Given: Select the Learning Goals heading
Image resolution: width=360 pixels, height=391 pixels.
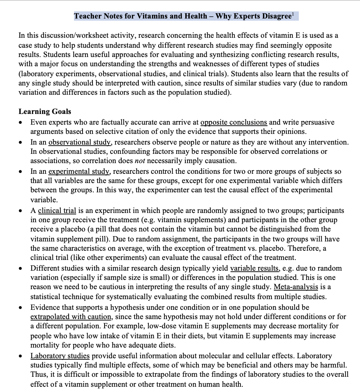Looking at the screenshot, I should click(x=45, y=111).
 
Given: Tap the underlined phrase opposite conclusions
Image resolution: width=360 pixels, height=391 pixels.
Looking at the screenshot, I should click(x=234, y=122).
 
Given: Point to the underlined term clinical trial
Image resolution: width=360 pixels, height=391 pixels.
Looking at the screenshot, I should click(x=57, y=210).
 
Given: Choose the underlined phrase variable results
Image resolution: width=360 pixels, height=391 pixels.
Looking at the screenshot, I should click(x=254, y=268).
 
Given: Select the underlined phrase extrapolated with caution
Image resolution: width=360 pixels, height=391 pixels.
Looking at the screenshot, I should click(x=71, y=317).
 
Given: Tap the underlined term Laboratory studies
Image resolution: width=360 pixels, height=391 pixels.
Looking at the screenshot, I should click(x=60, y=356).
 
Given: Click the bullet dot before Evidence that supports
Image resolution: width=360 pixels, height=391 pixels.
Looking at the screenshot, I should click(x=22, y=307).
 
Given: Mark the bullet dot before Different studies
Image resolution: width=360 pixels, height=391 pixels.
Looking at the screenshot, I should click(x=22, y=268).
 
